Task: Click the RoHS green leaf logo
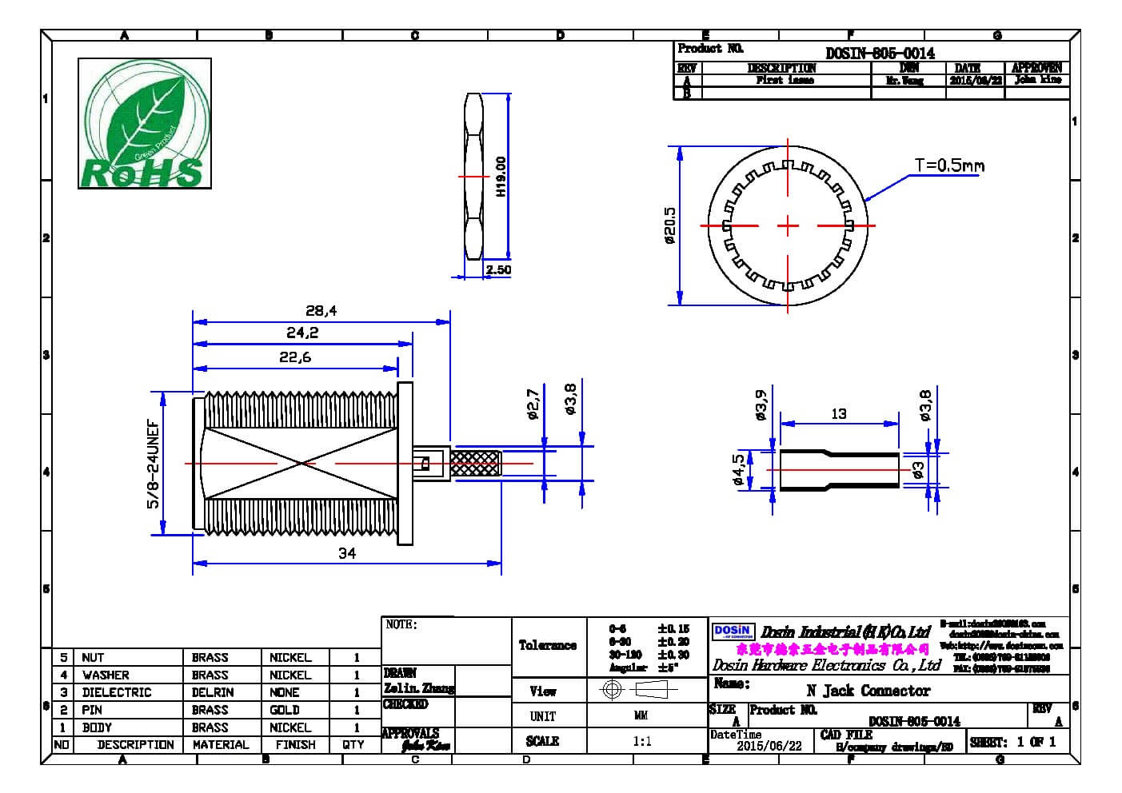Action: (x=144, y=123)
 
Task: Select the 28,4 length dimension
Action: (x=321, y=310)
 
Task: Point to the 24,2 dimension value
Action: (x=302, y=333)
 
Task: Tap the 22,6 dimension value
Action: (x=295, y=357)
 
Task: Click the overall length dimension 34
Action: (x=347, y=553)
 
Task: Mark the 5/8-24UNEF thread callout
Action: (x=153, y=464)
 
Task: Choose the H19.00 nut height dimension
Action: (x=501, y=177)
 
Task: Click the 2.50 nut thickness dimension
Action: (x=498, y=270)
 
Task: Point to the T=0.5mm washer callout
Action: (x=949, y=165)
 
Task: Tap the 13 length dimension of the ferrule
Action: (x=838, y=413)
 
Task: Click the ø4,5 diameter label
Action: (x=738, y=470)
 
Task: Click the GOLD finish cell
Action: (x=285, y=710)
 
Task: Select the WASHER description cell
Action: (x=106, y=675)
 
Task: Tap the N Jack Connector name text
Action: (x=868, y=691)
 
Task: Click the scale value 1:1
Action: (x=641, y=741)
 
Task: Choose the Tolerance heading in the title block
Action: (x=548, y=645)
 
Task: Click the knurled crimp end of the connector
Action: (x=476, y=464)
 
